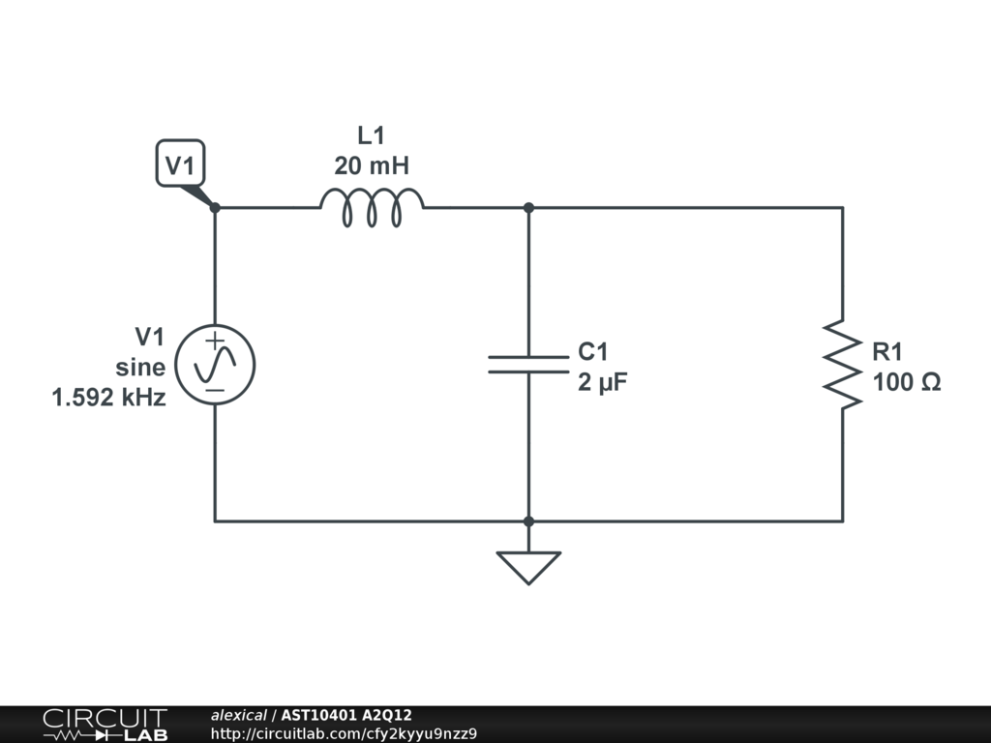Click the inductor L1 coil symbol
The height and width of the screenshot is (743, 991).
(372, 208)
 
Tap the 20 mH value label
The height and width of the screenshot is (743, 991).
(372, 166)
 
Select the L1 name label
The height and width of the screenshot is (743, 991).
(372, 135)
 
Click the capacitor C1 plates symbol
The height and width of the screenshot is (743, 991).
(528, 364)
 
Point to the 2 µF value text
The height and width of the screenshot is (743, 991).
(603, 382)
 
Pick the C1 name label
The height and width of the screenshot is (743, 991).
(593, 351)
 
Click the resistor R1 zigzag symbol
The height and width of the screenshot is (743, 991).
(842, 365)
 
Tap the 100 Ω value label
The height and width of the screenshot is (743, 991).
(906, 382)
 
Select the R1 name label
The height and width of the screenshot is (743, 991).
(888, 351)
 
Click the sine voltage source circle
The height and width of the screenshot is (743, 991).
(215, 365)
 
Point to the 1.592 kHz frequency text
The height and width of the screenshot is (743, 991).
(109, 398)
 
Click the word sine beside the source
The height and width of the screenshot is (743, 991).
(140, 368)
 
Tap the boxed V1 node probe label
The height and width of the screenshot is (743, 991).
(180, 165)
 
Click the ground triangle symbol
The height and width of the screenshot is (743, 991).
(528, 566)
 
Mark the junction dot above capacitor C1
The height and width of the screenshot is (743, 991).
(528, 207)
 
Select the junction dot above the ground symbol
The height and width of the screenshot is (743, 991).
(528, 521)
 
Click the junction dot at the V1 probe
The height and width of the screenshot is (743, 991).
(215, 207)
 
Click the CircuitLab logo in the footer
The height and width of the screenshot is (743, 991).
(104, 725)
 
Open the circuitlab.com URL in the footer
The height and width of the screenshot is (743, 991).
(344, 733)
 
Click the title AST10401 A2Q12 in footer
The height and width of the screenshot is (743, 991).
(346, 716)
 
